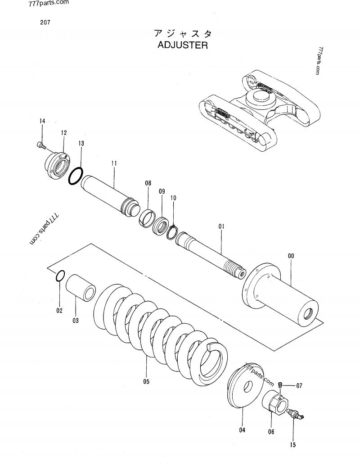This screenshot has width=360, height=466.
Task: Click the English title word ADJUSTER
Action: (182, 45)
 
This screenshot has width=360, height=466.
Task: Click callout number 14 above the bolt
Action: (42, 121)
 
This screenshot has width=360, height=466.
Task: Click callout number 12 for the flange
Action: (64, 133)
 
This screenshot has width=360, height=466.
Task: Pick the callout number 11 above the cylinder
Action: (114, 163)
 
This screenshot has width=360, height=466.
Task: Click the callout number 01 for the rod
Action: (221, 227)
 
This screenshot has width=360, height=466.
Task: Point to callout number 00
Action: (291, 256)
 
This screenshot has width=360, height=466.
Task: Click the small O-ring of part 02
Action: (59, 276)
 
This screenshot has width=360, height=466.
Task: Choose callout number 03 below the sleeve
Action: (76, 321)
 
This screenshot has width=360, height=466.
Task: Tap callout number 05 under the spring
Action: (146, 382)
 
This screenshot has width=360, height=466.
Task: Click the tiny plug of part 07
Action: (280, 385)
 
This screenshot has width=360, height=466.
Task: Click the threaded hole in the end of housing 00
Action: (308, 314)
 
